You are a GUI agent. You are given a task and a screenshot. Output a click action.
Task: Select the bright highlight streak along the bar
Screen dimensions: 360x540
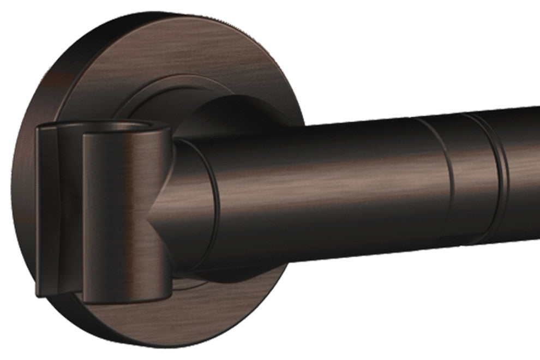(327, 180)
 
